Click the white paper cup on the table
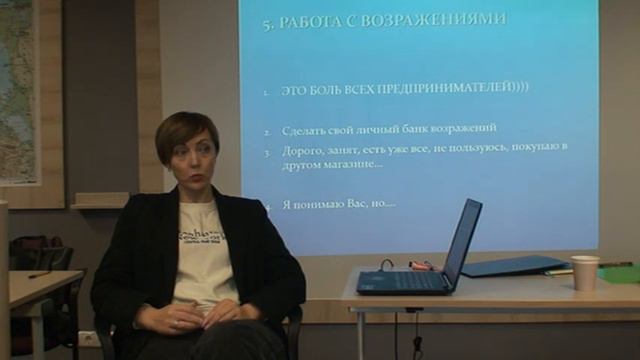pyautogui.click(x=585, y=272)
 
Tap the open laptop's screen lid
pyautogui.click(x=461, y=242)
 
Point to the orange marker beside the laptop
pyautogui.click(x=420, y=266)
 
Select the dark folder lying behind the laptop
pyautogui.click(x=512, y=265)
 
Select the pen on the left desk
pyautogui.click(x=39, y=274)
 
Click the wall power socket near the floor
pyautogui.click(x=89, y=338)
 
